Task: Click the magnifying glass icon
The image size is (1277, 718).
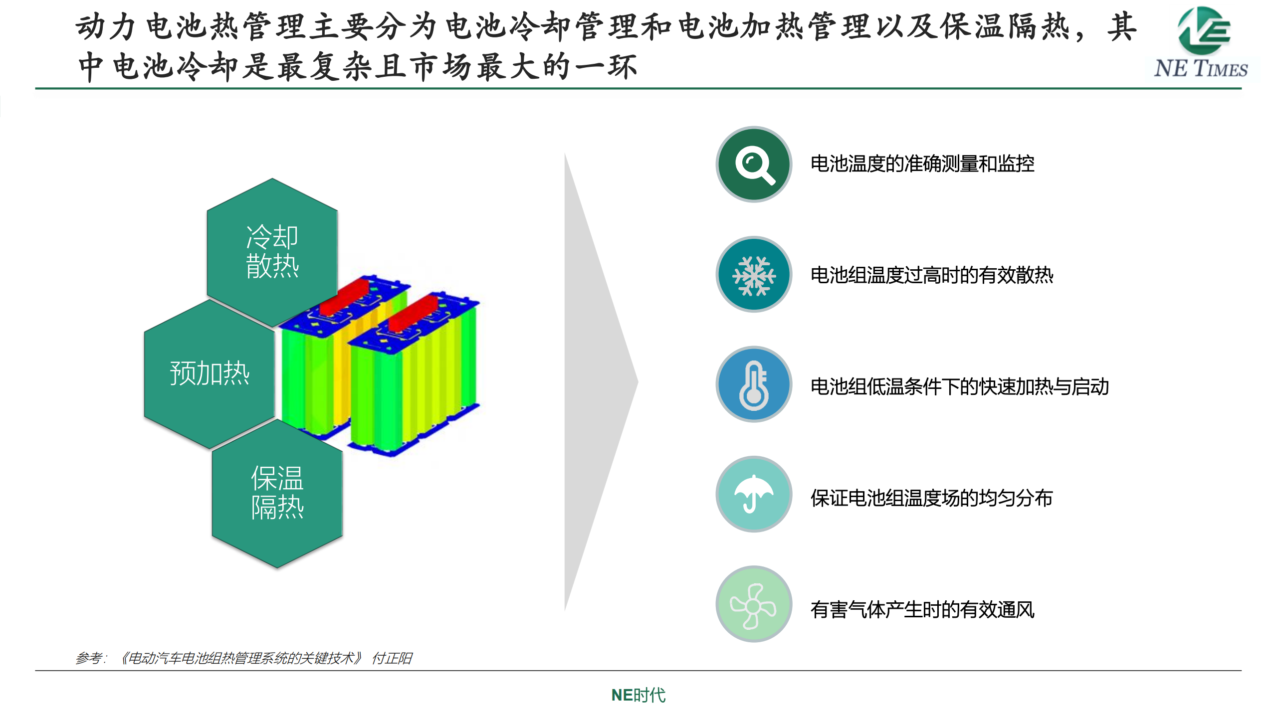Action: coord(754,164)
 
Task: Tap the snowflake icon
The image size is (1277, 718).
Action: coord(754,275)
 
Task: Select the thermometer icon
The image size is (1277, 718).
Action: coord(754,384)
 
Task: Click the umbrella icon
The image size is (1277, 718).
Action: coord(754,494)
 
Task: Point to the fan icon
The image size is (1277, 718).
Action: coord(754,605)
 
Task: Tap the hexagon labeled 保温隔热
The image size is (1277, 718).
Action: coord(277,493)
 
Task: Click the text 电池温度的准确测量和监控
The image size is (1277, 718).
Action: coord(922,164)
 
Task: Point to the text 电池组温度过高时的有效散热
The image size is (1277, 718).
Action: coord(932,275)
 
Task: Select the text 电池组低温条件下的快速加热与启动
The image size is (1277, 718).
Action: coord(960,387)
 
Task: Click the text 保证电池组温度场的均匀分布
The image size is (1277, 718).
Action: coord(932,498)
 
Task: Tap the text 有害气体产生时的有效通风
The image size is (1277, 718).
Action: coord(922,610)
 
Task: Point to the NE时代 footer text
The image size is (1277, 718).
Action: coord(638,695)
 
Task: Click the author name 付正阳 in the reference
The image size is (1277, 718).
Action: coord(392,659)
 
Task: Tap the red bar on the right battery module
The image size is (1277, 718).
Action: coord(413,313)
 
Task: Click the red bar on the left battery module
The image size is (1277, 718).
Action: coord(344,297)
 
